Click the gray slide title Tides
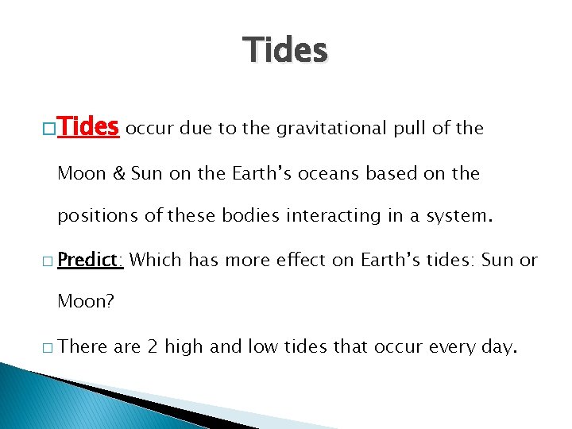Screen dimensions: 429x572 click(285, 50)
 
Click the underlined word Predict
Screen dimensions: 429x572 click(90, 260)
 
